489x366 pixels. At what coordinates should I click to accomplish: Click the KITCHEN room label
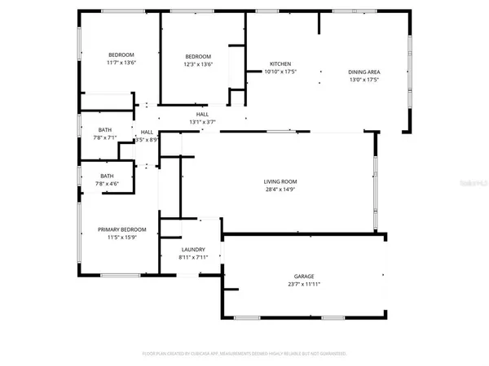pyautogui.click(x=280, y=64)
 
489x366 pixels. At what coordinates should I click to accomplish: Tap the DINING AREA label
pyautogui.click(x=364, y=72)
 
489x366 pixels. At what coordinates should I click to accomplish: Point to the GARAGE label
pyautogui.click(x=304, y=277)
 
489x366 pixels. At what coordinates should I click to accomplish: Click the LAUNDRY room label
pyautogui.click(x=193, y=250)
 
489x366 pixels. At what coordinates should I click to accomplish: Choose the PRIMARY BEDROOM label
pyautogui.click(x=121, y=230)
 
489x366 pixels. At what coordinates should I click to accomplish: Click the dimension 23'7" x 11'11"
pyautogui.click(x=304, y=285)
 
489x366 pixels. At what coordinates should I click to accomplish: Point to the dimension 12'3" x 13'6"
pyautogui.click(x=197, y=64)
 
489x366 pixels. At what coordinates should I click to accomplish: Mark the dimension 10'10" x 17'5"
pyautogui.click(x=280, y=72)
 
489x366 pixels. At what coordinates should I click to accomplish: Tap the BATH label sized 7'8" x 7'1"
pyautogui.click(x=105, y=129)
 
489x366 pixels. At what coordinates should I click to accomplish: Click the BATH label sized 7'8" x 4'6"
pyautogui.click(x=107, y=176)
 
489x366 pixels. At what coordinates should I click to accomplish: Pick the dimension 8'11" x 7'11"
pyautogui.click(x=193, y=258)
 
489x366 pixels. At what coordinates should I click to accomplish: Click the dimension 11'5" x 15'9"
pyautogui.click(x=121, y=238)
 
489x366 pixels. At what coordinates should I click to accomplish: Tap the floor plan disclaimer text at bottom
pyautogui.click(x=244, y=354)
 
